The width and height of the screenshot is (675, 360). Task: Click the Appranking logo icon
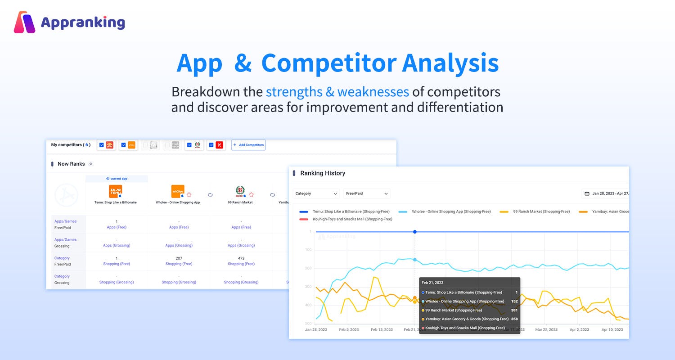point(24,22)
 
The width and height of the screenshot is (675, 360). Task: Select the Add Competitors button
point(248,145)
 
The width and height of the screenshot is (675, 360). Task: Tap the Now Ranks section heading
point(71,164)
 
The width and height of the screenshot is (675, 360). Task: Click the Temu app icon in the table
point(116,191)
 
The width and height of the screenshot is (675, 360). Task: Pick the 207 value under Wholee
point(179,258)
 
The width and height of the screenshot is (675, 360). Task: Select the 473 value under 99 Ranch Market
point(241,258)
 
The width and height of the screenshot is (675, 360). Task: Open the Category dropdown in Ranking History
point(316,193)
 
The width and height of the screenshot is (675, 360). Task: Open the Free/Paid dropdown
point(367,193)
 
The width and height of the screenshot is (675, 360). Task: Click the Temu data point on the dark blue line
point(415,232)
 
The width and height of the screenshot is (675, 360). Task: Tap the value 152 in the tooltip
point(514,301)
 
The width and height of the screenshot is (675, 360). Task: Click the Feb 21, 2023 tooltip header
point(432,283)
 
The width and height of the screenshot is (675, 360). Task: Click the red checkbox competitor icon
point(219,145)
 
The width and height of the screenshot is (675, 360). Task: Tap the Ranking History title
point(323,173)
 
